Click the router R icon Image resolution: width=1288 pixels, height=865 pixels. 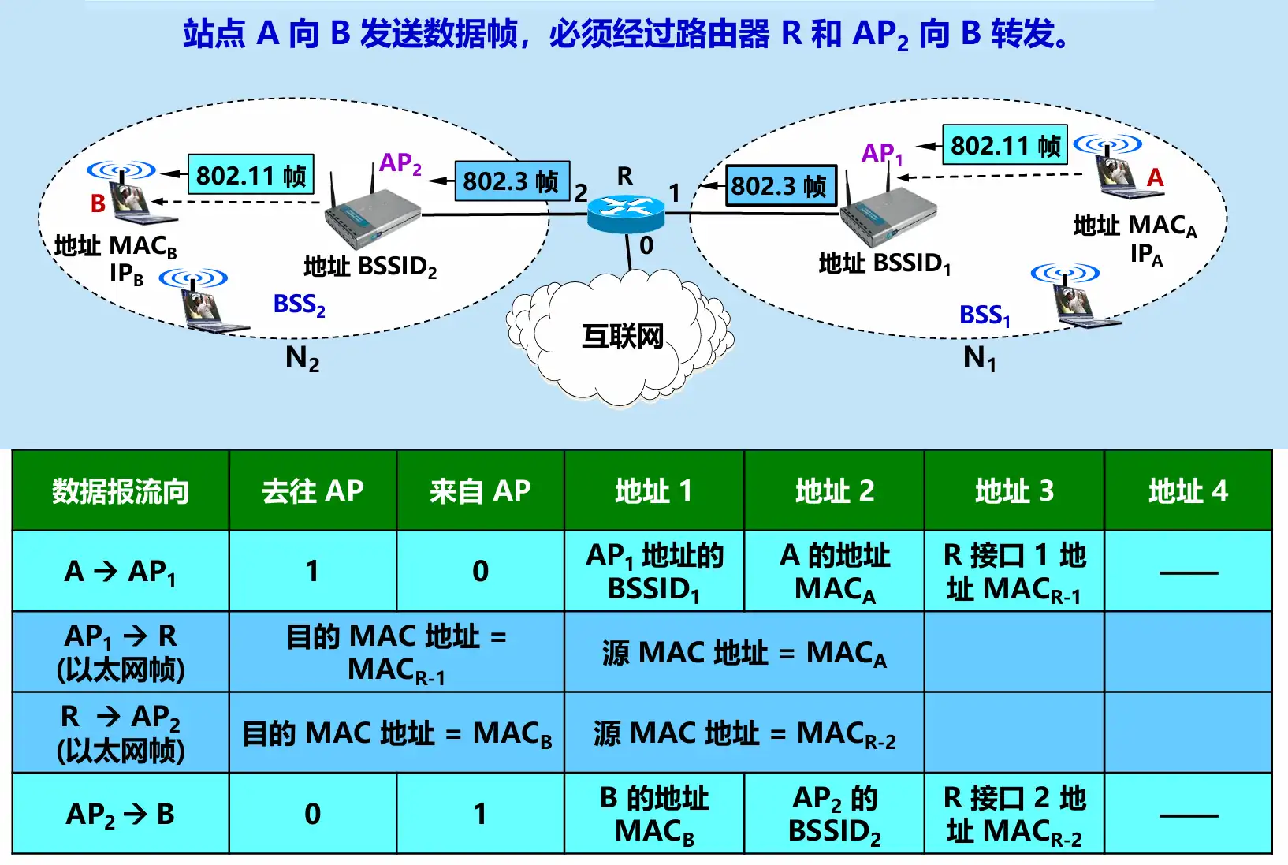pyautogui.click(x=626, y=211)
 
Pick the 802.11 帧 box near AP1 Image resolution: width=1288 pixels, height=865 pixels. pyautogui.click(x=1004, y=146)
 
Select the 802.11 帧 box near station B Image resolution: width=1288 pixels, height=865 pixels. pyautogui.click(x=251, y=175)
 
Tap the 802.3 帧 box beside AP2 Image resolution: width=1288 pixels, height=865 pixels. pyautogui.click(x=511, y=181)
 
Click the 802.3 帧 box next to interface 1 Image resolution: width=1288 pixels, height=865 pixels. pyautogui.click(x=780, y=186)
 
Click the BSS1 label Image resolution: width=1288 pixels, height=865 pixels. pyautogui.click(x=984, y=315)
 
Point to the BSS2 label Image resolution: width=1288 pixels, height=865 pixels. pyautogui.click(x=299, y=304)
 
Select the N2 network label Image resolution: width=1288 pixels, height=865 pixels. pyautogui.click(x=302, y=359)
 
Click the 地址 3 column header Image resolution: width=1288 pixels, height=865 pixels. pyautogui.click(x=1014, y=491)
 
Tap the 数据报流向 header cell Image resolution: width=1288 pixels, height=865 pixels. pyautogui.click(x=121, y=491)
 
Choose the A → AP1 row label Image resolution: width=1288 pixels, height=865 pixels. pyautogui.click(x=121, y=572)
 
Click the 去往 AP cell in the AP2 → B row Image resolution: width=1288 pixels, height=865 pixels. pyautogui.click(x=312, y=814)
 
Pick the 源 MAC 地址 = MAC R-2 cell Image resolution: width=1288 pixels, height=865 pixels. pyautogui.click(x=744, y=733)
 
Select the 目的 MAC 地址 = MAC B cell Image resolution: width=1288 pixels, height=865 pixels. pyautogui.click(x=396, y=733)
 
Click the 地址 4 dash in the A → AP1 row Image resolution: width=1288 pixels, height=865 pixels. pyautogui.click(x=1188, y=572)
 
